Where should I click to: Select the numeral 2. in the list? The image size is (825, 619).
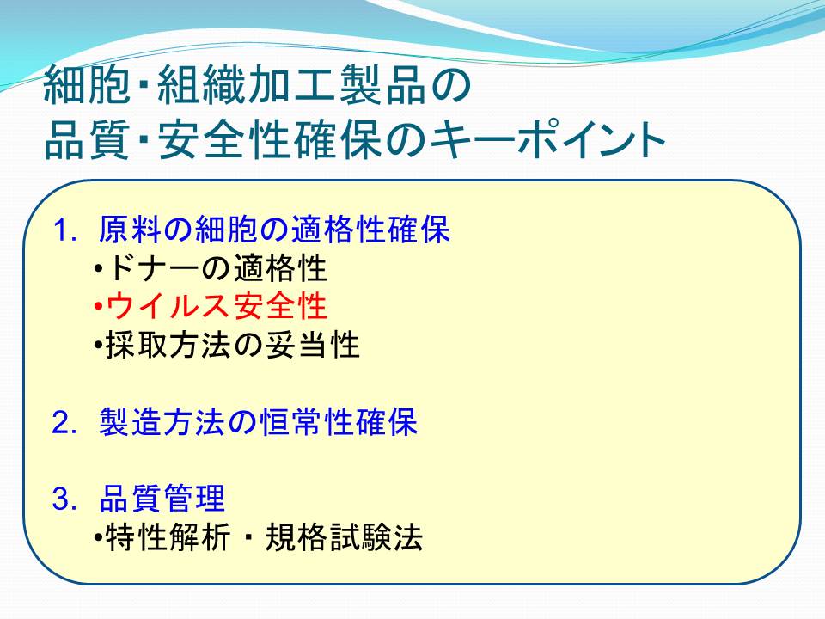pos(65,423)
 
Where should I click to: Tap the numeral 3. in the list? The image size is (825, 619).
pos(65,499)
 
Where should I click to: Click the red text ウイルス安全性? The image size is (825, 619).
pos(217,306)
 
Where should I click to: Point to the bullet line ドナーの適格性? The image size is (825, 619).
pos(217,268)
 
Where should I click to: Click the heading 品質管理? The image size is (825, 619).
pos(162,499)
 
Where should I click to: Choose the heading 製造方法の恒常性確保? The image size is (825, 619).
pos(259,422)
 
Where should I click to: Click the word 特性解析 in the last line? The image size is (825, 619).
pos(168,537)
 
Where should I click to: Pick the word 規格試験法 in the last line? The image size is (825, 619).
pos(344,537)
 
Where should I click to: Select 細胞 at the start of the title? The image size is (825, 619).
pos(87,85)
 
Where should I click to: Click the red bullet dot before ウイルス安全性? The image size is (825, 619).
pos(98,306)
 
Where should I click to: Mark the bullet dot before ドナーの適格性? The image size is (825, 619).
pos(98,268)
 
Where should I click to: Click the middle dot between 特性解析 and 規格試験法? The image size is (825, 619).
pos(247,537)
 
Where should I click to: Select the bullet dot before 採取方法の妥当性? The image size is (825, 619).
pos(98,346)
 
